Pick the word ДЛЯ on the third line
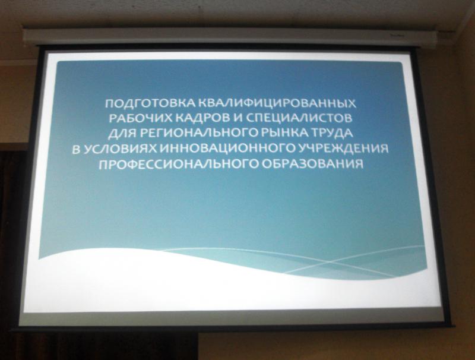(x=123, y=133)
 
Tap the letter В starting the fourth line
(x=77, y=149)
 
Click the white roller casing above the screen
(x=230, y=37)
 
